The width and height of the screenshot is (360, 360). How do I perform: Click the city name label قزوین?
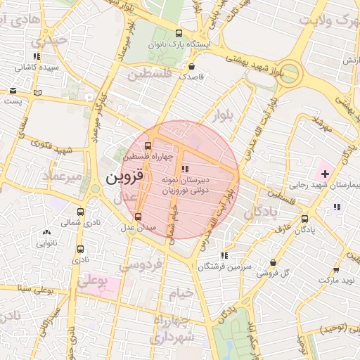click(x=125, y=178)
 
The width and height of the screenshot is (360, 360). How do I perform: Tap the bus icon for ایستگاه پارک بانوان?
click(x=179, y=33)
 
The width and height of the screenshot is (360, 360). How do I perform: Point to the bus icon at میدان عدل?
click(x=137, y=217)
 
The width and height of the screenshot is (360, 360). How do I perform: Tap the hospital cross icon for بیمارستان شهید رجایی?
click(x=326, y=173)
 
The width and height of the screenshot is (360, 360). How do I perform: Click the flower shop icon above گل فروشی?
click(x=274, y=262)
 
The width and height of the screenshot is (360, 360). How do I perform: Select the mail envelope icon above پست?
click(x=13, y=91)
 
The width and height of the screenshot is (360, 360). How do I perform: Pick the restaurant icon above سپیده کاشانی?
click(x=37, y=56)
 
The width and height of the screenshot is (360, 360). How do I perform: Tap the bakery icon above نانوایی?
click(x=46, y=232)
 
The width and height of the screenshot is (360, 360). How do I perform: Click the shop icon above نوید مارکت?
click(x=336, y=270)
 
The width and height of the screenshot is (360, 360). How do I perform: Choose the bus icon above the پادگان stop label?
click(x=304, y=219)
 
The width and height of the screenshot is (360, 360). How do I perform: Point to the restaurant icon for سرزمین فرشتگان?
click(x=224, y=256)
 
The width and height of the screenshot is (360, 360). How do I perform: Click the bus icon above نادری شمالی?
click(x=80, y=212)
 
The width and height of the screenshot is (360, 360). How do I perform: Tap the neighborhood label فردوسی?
click(x=142, y=265)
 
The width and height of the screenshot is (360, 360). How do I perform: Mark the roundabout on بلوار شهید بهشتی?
click(x=289, y=73)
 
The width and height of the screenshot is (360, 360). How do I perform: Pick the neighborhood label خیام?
click(x=181, y=295)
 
